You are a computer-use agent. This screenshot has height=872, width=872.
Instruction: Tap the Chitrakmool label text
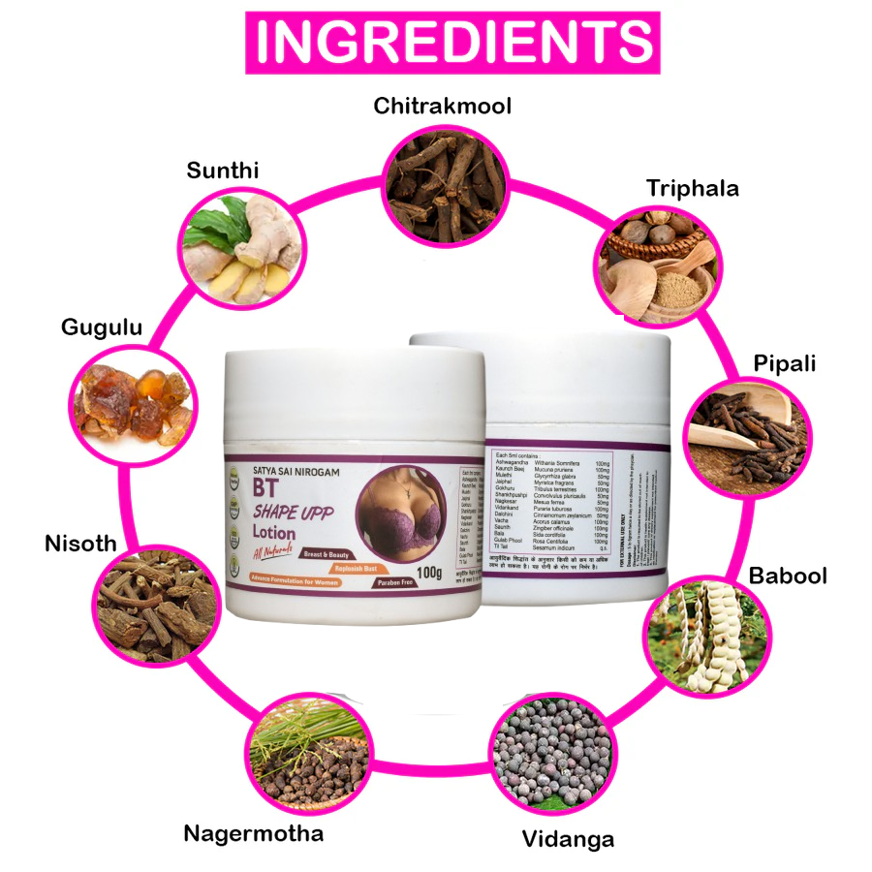[x=443, y=106]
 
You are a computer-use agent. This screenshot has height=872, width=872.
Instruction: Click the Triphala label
[x=693, y=188]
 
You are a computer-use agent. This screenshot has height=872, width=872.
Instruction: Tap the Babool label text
[x=788, y=576]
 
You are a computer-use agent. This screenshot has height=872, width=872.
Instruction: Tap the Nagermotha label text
[x=253, y=833]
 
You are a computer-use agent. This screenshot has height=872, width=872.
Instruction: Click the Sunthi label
[x=223, y=171]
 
